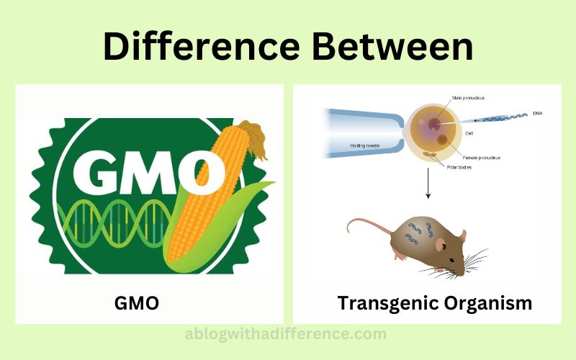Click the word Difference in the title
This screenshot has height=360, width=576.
click(x=202, y=46)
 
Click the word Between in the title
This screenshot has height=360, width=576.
click(x=392, y=46)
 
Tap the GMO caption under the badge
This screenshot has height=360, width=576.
click(x=137, y=303)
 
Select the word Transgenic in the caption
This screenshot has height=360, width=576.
click(x=387, y=304)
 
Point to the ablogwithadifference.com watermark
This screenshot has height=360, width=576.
click(x=285, y=334)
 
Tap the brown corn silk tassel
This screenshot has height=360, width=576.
click(x=253, y=138)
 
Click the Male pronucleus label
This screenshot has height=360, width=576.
click(x=469, y=98)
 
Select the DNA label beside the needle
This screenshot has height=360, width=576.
click(x=537, y=114)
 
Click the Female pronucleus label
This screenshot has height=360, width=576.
click(x=481, y=158)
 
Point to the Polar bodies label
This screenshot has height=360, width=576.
click(x=459, y=167)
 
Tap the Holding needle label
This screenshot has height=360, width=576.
click(x=365, y=146)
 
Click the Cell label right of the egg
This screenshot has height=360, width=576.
click(x=469, y=133)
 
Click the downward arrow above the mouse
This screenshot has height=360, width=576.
click(x=428, y=183)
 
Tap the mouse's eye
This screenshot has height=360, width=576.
click(x=451, y=260)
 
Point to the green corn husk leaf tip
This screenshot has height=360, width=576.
click(x=274, y=182)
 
